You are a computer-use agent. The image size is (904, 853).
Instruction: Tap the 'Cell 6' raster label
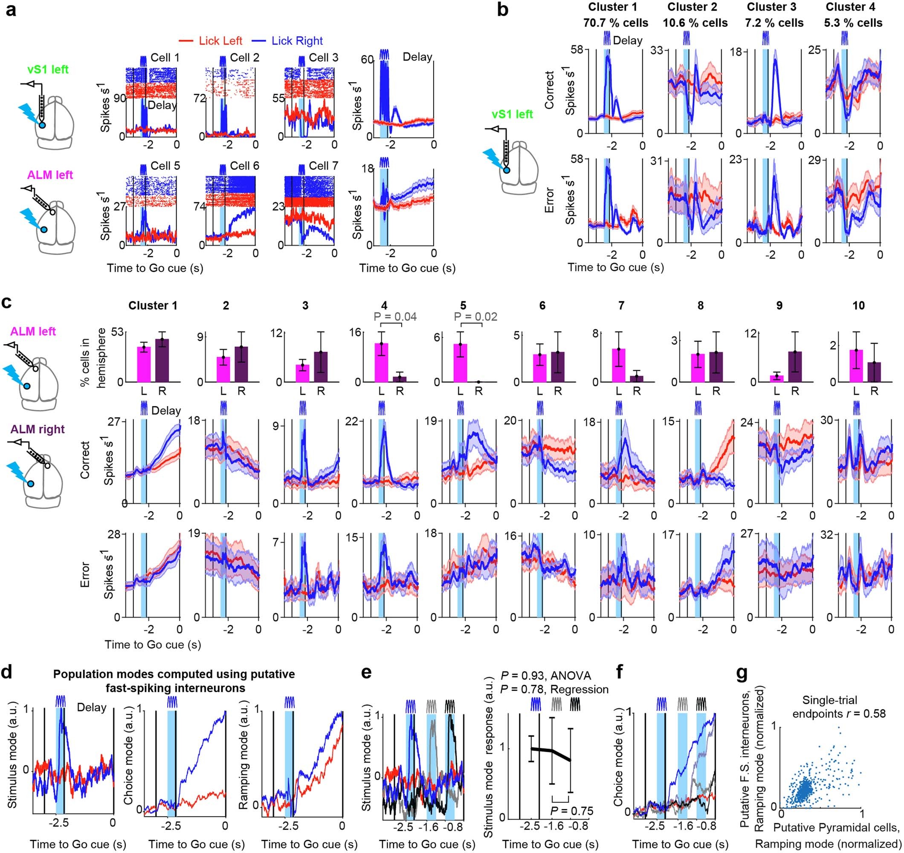pyautogui.click(x=244, y=166)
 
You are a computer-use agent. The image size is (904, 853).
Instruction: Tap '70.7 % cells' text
pyautogui.click(x=616, y=23)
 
